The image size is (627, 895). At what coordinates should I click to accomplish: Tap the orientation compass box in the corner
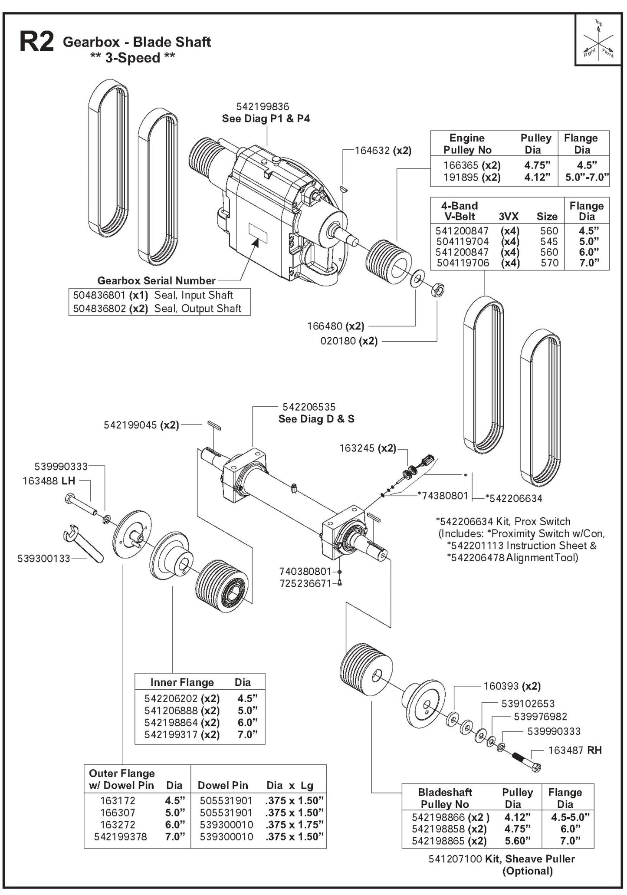(x=598, y=40)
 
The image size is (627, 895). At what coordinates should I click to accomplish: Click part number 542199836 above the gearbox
(x=263, y=107)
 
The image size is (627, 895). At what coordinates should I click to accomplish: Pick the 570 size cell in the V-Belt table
(x=549, y=263)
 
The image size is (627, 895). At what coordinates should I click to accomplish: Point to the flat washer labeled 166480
(x=417, y=277)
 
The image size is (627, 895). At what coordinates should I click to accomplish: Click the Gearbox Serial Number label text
(x=156, y=280)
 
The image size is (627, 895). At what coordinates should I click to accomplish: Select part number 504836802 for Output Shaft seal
(x=100, y=309)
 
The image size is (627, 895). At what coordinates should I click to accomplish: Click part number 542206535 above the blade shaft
(x=309, y=407)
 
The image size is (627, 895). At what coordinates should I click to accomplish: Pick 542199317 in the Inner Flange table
(x=171, y=735)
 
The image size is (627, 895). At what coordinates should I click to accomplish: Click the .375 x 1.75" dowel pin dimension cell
(x=295, y=825)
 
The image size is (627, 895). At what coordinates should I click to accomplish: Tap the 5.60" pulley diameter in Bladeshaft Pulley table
(x=517, y=841)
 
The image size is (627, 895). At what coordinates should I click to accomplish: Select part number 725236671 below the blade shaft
(x=305, y=583)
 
